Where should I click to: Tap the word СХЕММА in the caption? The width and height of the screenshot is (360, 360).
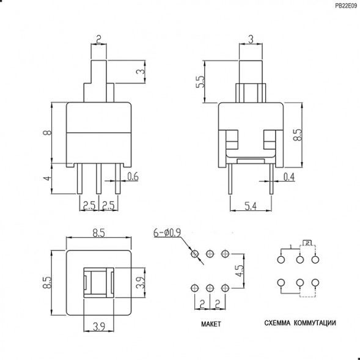[x=277, y=322]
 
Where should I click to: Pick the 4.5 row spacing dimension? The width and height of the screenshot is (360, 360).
[x=241, y=270]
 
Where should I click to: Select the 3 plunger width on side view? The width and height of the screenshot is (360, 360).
[x=251, y=40]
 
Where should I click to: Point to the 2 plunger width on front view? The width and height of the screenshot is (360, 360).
[x=98, y=41]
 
